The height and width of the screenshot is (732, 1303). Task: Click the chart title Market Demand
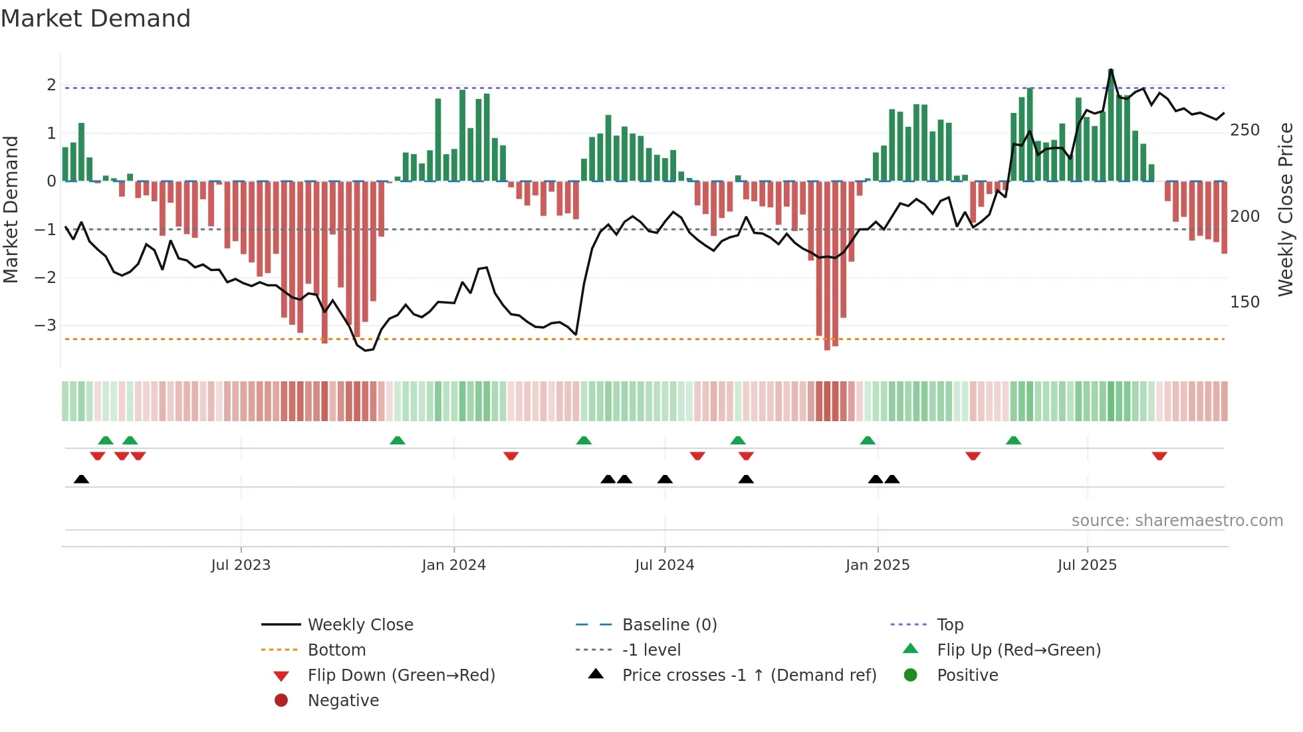pyautogui.click(x=96, y=19)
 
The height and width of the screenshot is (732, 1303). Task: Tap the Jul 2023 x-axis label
pyautogui.click(x=241, y=565)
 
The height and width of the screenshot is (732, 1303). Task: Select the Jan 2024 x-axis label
pyautogui.click(x=453, y=565)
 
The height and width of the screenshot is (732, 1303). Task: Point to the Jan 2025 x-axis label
pyautogui.click(x=877, y=565)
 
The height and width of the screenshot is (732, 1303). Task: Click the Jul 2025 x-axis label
pyautogui.click(x=1087, y=565)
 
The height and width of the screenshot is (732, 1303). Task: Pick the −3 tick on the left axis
pyautogui.click(x=45, y=325)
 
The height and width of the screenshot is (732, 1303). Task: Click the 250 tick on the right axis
pyautogui.click(x=1244, y=130)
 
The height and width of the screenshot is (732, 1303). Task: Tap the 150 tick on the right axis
pyautogui.click(x=1244, y=302)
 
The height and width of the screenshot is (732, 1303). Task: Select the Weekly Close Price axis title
pyautogui.click(x=1286, y=209)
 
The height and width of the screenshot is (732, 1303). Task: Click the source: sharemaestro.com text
pyautogui.click(x=1177, y=521)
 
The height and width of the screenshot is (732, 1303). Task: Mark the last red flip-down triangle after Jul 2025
pyautogui.click(x=1159, y=456)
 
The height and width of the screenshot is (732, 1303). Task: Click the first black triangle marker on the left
pyautogui.click(x=81, y=479)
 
